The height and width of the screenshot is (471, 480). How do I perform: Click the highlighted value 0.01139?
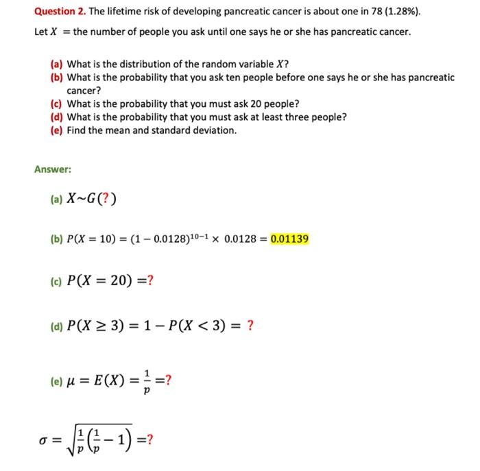point(289,239)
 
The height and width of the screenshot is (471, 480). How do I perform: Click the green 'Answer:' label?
point(53,169)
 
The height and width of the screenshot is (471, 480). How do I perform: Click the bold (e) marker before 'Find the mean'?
point(57,130)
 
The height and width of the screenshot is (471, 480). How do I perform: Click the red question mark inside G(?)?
point(108,200)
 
